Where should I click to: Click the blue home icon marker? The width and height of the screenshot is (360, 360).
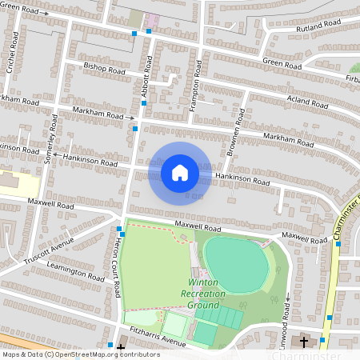(180, 173)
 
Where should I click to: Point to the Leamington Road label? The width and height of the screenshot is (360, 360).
(77, 273)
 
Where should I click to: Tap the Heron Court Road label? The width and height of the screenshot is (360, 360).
(118, 276)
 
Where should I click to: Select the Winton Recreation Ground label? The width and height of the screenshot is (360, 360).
(207, 294)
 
